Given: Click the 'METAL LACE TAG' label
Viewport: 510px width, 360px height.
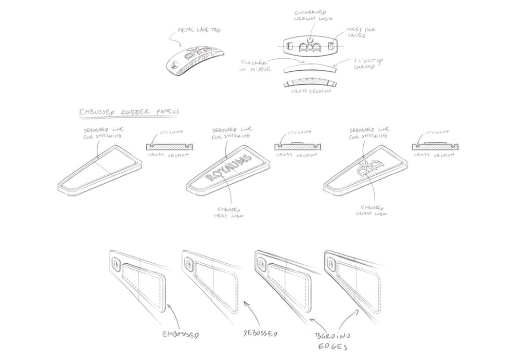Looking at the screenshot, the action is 199,31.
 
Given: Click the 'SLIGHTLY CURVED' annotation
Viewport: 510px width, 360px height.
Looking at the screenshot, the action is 362,65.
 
